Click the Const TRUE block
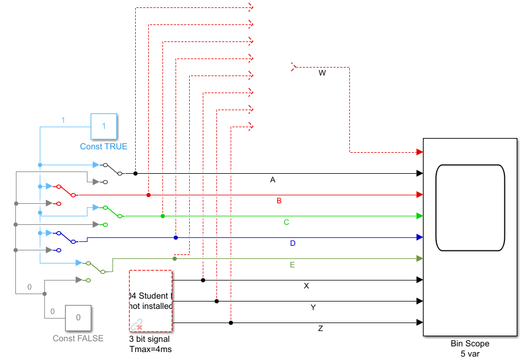pos(104,127)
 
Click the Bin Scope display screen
pos(470,207)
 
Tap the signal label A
pos(273,180)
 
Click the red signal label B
pos(279,201)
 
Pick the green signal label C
pos(287,222)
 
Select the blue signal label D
pos(293,243)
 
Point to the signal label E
pos(292,265)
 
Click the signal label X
pos(306,286)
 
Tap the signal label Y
pos(313,307)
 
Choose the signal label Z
pos(320,329)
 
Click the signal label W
pos(322,73)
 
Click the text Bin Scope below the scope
pos(470,344)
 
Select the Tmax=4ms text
pos(151,349)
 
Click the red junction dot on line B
pos(148,195)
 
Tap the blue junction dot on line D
pos(176,237)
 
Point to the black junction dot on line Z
pos(231,323)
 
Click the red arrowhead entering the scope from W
pos(419,152)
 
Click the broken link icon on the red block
pos(136,325)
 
